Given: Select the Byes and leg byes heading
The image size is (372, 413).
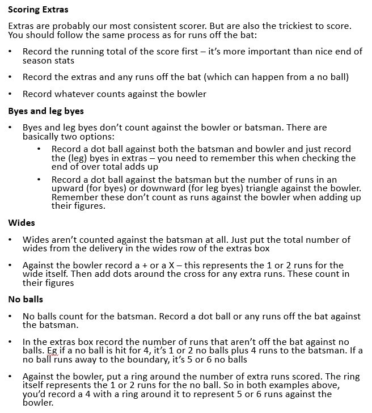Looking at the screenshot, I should pos(46,111).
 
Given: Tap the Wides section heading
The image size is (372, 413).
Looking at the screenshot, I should pos(22,223).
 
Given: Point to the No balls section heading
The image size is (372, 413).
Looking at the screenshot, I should pos(26,299).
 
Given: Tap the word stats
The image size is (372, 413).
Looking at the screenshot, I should pos(64,61).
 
